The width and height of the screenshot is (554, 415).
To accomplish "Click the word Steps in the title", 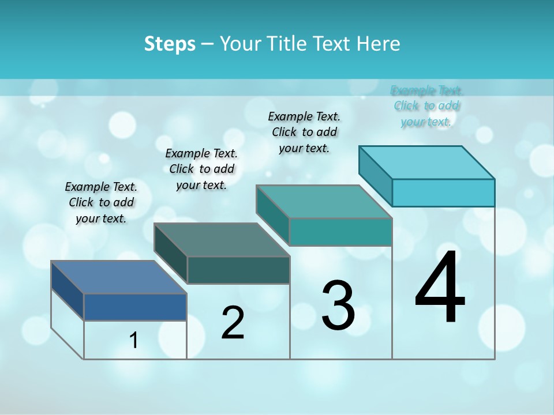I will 170,44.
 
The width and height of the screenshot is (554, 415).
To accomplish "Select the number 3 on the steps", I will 338,305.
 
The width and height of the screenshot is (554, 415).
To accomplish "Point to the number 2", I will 233,323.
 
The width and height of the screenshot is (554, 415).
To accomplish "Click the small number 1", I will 134,341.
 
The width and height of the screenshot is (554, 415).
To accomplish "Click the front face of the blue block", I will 135,307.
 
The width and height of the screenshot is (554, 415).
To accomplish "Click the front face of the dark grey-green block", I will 238,270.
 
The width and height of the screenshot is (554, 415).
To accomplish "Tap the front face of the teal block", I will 340,232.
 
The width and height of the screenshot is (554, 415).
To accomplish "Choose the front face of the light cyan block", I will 443,193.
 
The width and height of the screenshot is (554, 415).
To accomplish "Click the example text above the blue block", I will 101,202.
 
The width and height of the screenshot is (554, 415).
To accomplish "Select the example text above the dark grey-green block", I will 201,169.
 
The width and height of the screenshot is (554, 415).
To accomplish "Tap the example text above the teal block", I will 304,132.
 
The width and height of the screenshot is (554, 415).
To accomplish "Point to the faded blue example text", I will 426,106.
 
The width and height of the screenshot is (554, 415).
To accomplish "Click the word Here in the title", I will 378,44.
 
